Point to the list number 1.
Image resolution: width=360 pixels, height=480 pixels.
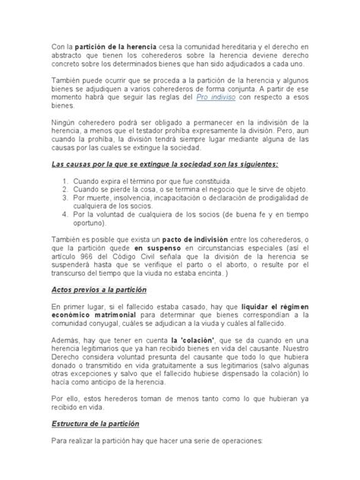pyautogui.click(x=65, y=182)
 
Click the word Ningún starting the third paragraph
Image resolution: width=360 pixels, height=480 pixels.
pyautogui.click(x=65, y=122)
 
